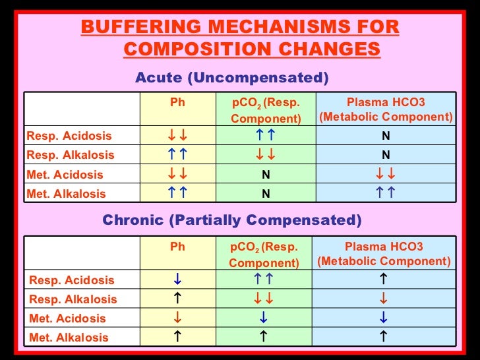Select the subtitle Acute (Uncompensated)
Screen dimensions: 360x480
[231, 78]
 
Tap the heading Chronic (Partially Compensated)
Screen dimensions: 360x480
[232, 220]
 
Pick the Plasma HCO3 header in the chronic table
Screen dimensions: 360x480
[384, 254]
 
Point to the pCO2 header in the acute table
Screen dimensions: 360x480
[266, 110]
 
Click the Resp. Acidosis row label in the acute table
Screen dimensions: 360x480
[69, 136]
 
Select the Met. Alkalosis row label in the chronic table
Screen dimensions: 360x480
[69, 337]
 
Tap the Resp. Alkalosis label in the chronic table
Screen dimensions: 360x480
[73, 299]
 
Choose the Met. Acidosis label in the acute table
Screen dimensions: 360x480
[65, 175]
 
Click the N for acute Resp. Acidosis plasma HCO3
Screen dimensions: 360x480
[386, 136]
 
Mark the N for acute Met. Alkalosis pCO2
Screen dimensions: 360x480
[266, 194]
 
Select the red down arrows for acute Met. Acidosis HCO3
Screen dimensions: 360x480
[386, 175]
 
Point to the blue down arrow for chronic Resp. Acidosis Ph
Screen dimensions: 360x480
[177, 280]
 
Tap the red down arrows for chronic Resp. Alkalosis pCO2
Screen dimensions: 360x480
[264, 299]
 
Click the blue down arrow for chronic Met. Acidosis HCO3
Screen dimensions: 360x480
[384, 318]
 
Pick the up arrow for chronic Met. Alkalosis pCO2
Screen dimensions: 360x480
[264, 337]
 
